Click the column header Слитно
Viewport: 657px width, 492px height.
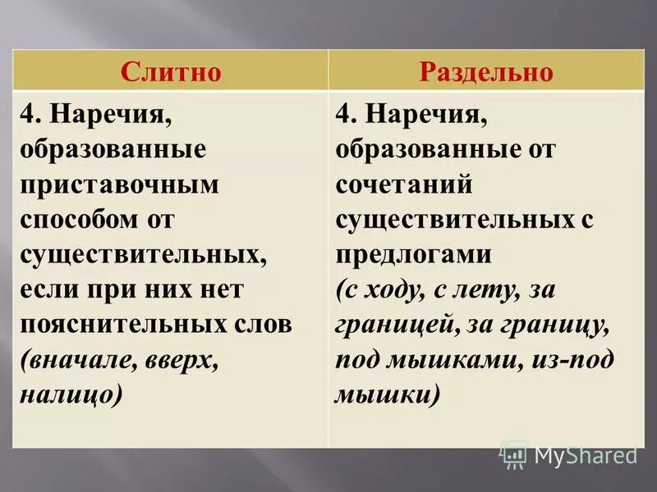[x=171, y=71]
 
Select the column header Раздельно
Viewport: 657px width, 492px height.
[x=487, y=71]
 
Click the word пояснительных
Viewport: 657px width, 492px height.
[x=121, y=326]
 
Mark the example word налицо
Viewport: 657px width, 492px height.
[x=71, y=396]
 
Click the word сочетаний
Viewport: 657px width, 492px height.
[x=403, y=184]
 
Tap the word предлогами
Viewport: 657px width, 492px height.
[x=413, y=255]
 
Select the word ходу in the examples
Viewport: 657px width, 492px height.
[x=393, y=290]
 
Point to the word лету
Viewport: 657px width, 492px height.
[x=491, y=290]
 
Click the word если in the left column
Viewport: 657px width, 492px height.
[x=51, y=290]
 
